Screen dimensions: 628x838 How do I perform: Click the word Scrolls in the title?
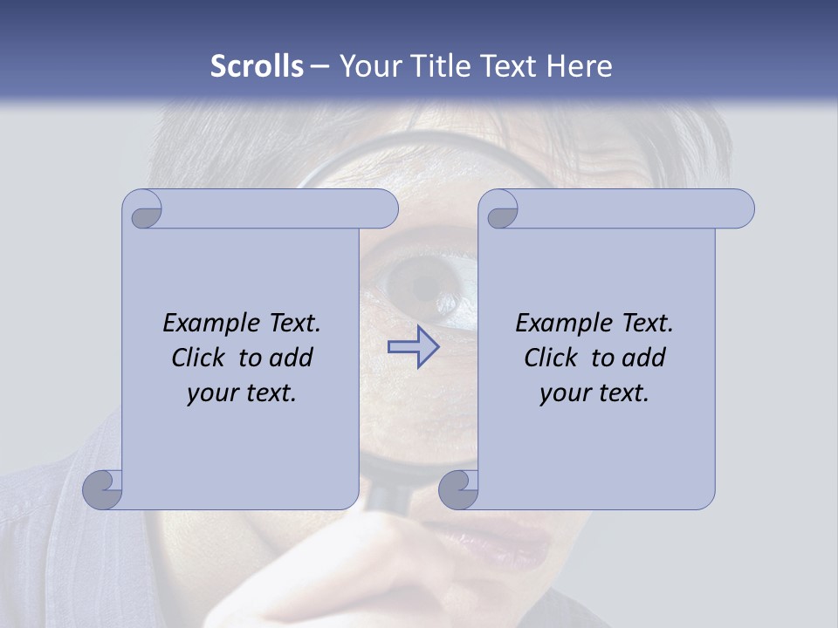click(x=257, y=66)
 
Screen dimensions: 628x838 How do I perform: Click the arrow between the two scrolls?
click(x=414, y=347)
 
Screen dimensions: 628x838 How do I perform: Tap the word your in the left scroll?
click(x=210, y=393)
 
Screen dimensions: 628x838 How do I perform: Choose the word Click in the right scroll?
click(x=551, y=358)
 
